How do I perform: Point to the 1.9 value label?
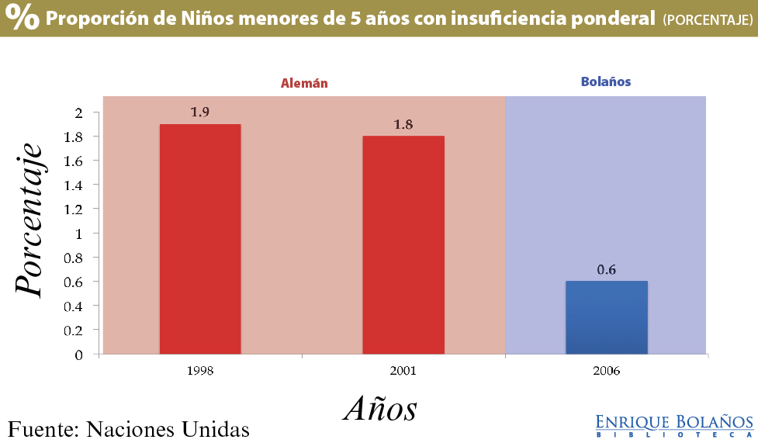[x=200, y=112]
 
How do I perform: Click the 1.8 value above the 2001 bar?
[x=403, y=124]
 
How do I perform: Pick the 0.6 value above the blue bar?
[x=607, y=269]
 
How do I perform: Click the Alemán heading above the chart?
[x=304, y=83]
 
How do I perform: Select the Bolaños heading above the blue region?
[x=606, y=81]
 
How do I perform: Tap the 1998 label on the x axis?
[x=200, y=371]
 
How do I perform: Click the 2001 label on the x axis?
[x=403, y=371]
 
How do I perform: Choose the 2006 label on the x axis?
[x=607, y=371]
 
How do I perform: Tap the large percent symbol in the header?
[x=22, y=18]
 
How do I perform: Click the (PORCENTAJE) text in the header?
[x=707, y=20]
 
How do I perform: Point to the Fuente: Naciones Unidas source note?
[x=129, y=428]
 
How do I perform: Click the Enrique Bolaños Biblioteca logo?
[x=674, y=425]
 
